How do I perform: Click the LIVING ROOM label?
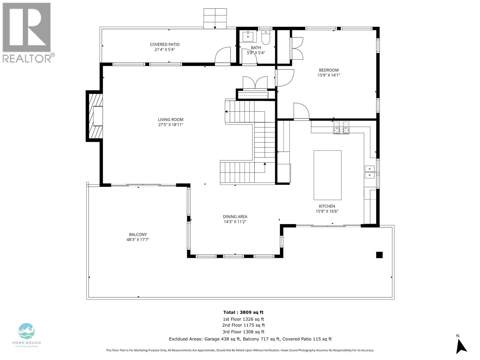click(171, 119)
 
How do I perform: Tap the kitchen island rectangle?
click(327, 175)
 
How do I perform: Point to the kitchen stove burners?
click(341, 127)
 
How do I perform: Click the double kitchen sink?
click(370, 172)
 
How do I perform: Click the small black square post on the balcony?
click(379, 255)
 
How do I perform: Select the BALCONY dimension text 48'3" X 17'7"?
click(138, 240)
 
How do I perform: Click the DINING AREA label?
click(235, 217)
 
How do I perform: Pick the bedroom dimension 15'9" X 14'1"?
click(329, 75)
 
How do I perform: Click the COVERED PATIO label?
click(165, 44)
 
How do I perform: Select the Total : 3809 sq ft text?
click(243, 312)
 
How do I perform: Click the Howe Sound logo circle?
click(27, 331)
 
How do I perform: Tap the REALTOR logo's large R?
click(27, 28)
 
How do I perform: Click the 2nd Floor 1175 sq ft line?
click(243, 325)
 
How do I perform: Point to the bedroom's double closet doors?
click(297, 48)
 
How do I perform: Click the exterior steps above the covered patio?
click(215, 19)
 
